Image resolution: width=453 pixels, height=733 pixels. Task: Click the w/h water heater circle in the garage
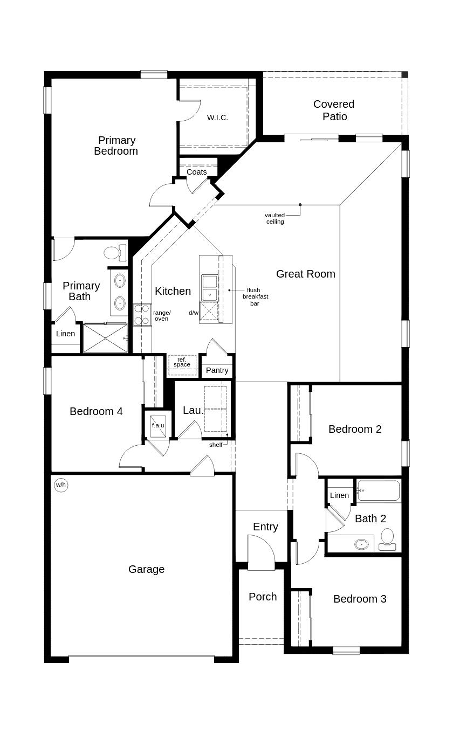pos(60,485)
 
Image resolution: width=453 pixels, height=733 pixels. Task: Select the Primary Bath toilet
pos(115,252)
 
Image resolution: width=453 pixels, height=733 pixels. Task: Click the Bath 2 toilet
pos(387,538)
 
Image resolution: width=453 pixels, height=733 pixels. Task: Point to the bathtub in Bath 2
pos(379,491)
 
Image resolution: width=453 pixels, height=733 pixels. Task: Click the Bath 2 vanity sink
pos(361,544)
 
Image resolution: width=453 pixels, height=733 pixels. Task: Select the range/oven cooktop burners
pos(142,315)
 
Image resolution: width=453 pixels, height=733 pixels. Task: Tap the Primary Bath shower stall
pos(105,338)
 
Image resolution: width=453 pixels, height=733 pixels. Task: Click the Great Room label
pos(305,274)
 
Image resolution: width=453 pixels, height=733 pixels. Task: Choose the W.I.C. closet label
pos(217,117)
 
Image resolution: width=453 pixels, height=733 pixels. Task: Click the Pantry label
pos(217,370)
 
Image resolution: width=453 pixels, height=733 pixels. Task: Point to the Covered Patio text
pos(334,110)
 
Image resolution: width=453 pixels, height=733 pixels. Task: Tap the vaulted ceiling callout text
pos(274,218)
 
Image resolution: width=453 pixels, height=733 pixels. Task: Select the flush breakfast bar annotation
pos(255,297)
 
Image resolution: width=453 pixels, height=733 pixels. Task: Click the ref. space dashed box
pos(182,365)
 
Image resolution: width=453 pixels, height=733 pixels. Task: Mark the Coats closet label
pos(196,172)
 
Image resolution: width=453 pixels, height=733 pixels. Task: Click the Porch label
pos(263,597)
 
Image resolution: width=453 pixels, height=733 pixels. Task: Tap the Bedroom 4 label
pos(96,411)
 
